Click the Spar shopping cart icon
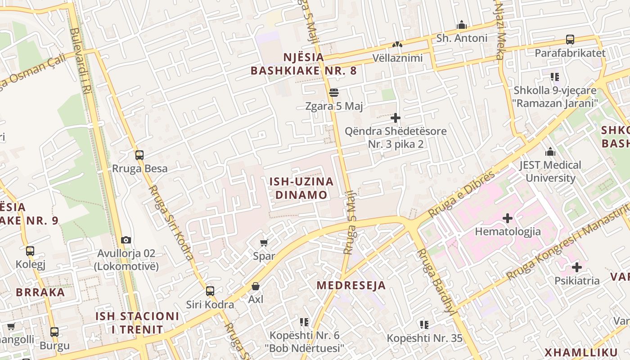tap(264, 243)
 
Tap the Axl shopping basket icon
tap(256, 286)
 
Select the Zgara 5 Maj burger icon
tap(334, 93)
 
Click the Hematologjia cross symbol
tap(508, 219)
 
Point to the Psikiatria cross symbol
tap(576, 268)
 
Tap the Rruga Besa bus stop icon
tap(139, 155)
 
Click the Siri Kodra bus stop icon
tap(210, 291)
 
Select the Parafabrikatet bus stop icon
tap(570, 40)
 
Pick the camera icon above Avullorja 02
tap(126, 240)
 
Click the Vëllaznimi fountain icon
tap(397, 45)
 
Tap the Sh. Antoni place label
tap(462, 38)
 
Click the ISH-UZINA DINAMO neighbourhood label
tap(301, 188)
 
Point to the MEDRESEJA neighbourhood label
tap(351, 285)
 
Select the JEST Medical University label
tap(550, 171)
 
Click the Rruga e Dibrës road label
tap(461, 193)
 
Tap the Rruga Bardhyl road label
tap(435, 281)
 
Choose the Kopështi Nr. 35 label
tap(425, 338)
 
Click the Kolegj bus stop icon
tap(30, 251)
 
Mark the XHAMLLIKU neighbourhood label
tap(581, 352)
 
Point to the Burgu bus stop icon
tap(54, 332)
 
